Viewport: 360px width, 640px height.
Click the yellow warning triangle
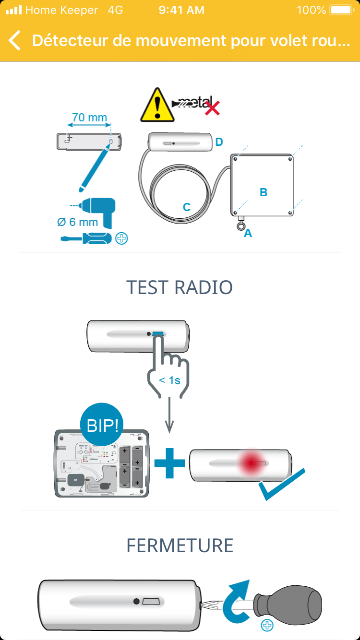coord(157,105)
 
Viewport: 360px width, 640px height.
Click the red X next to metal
coord(212,108)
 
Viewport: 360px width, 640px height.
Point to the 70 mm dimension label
coord(89,118)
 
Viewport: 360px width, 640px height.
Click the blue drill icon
coord(98,209)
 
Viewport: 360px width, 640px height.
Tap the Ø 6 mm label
coord(77,222)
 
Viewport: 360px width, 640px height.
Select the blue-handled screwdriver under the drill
coord(86,238)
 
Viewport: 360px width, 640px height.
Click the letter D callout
coord(219,142)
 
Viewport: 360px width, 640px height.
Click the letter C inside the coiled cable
coord(187,207)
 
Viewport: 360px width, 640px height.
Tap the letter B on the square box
coord(264,192)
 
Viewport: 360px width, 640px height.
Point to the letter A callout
coord(248,233)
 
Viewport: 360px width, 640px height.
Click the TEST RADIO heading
coord(180,287)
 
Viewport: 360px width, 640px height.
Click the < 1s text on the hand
coord(169,380)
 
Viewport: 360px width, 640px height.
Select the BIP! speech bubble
coord(101,425)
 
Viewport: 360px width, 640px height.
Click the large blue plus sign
coord(169,463)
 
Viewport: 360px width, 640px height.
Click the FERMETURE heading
coord(180,545)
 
